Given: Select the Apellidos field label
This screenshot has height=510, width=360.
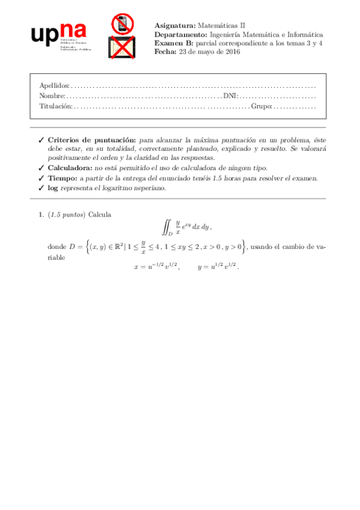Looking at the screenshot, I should pos(54,85).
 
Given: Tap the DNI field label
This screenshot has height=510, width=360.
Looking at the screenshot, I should pos(230,96).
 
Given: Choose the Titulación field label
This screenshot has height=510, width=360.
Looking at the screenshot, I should pos(55,106).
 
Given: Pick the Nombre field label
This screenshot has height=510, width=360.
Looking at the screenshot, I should pos(52,96).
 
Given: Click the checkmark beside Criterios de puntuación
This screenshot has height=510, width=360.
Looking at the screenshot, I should pos(41,138).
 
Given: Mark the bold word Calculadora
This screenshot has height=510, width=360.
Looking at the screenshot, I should pos(70,168).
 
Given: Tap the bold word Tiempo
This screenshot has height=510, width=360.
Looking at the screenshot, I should pos(62,178).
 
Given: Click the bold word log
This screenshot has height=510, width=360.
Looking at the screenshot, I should pos(53,188).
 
